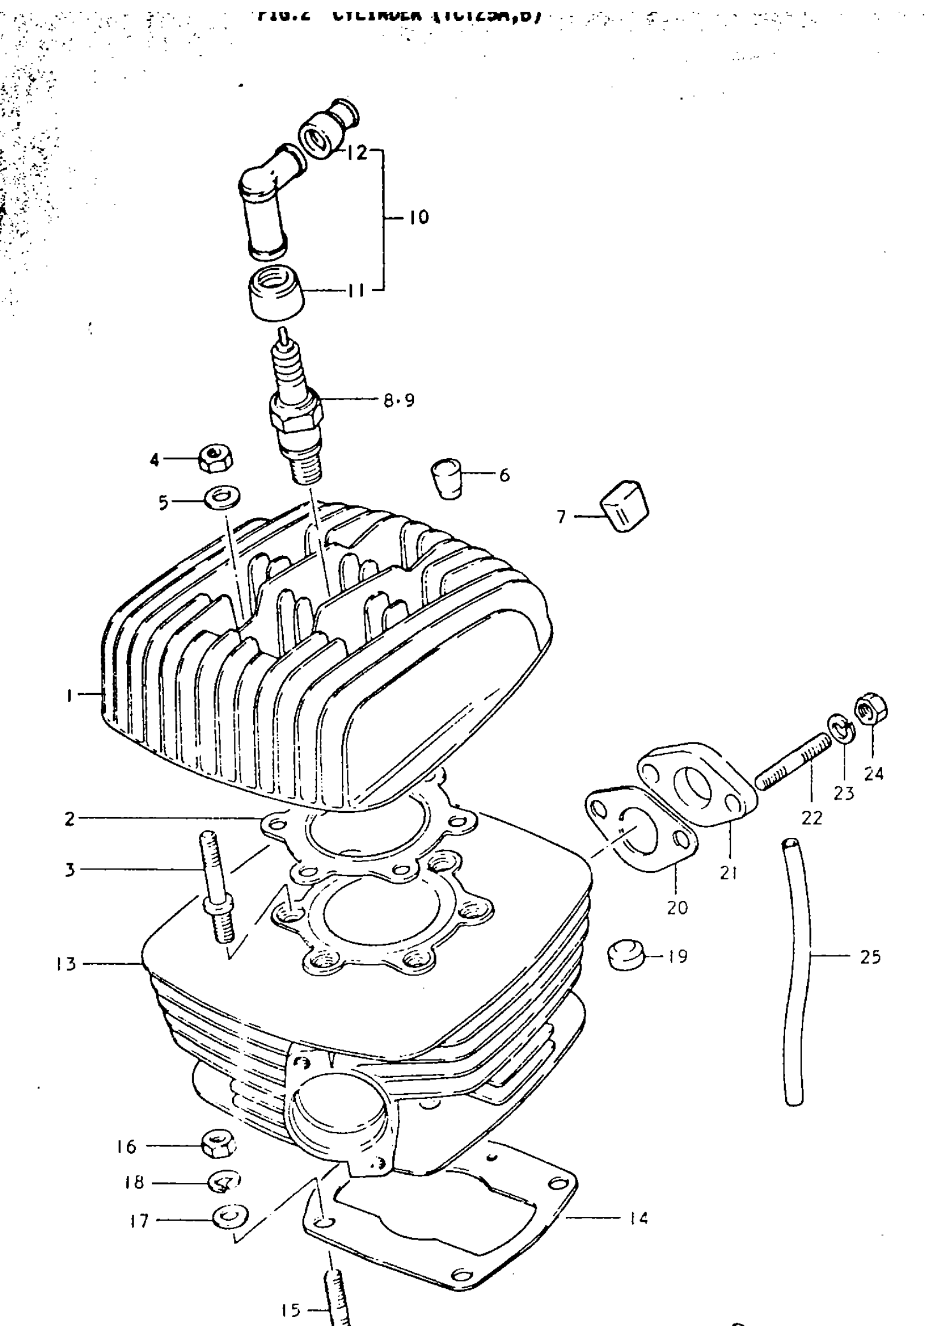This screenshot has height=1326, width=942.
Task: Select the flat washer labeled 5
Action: click(x=223, y=498)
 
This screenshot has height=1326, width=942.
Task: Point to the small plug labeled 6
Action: click(x=446, y=479)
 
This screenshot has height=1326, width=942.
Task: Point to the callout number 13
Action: click(x=66, y=964)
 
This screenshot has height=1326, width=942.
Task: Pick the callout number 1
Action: click(x=69, y=695)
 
